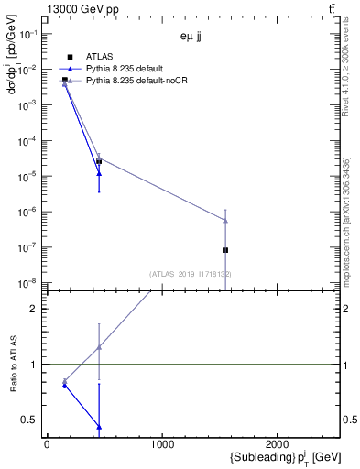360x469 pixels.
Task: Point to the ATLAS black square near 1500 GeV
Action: [225, 249]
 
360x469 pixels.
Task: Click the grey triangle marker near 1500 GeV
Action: [225, 220]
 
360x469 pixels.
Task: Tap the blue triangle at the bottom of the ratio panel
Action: [99, 427]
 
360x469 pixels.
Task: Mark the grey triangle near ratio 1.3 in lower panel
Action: [99, 347]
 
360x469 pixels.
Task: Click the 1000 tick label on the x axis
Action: [162, 444]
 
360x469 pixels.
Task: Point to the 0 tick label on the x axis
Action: [47, 444]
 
